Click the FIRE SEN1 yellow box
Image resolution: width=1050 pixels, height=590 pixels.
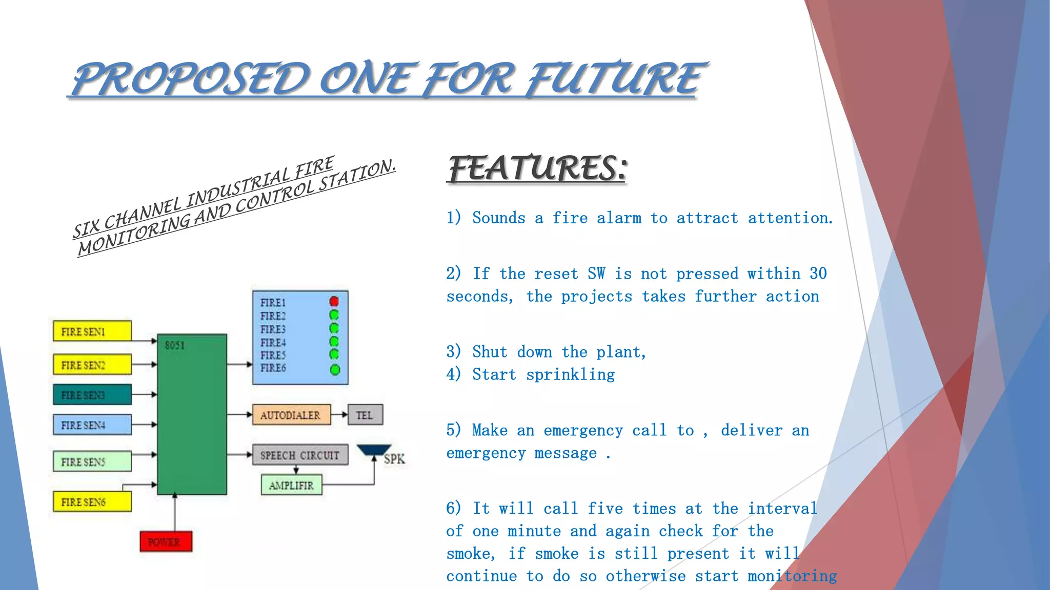pyautogui.click(x=92, y=331)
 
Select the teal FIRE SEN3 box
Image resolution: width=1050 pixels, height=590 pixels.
pyautogui.click(x=92, y=394)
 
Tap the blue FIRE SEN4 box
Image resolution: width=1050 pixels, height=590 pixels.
pyautogui.click(x=92, y=425)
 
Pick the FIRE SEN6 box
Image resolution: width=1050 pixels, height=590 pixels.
pyautogui.click(x=92, y=501)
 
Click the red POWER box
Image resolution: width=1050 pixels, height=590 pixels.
pyautogui.click(x=166, y=541)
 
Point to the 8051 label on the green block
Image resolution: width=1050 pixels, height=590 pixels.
pyautogui.click(x=175, y=345)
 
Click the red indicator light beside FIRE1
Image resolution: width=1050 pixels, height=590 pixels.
pyautogui.click(x=334, y=301)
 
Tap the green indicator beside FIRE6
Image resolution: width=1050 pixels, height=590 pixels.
pyautogui.click(x=335, y=369)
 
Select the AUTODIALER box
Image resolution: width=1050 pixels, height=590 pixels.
pyautogui.click(x=291, y=415)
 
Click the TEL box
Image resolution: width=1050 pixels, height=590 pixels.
pyautogui.click(x=365, y=415)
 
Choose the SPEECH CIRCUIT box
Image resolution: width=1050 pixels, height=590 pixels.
pyautogui.click(x=300, y=455)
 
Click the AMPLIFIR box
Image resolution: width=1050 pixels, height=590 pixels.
pyautogui.click(x=291, y=485)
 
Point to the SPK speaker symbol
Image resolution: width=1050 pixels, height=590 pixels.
pyautogui.click(x=375, y=451)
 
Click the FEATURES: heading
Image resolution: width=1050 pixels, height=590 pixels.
pyautogui.click(x=537, y=168)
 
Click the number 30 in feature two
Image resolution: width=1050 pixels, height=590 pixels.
pyautogui.click(x=818, y=273)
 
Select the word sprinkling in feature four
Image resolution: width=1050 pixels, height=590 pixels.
pyautogui.click(x=570, y=375)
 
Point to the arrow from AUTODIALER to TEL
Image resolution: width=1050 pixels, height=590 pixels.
pyautogui.click(x=339, y=415)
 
